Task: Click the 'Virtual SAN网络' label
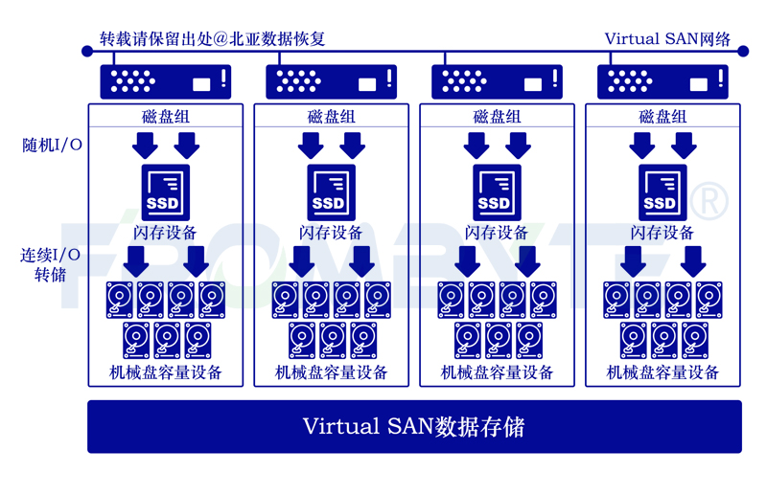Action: point(667,38)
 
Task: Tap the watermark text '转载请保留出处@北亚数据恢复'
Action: point(212,38)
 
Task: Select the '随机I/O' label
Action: point(52,146)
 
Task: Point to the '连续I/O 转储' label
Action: point(50,264)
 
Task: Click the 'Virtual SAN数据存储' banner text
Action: point(414,427)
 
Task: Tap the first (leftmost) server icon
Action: point(165,81)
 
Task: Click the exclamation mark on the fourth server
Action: point(721,79)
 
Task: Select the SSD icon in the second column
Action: point(331,192)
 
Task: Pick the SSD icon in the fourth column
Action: point(662,192)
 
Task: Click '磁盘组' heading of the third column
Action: point(497,117)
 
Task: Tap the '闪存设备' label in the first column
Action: point(165,233)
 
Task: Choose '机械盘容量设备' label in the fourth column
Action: point(662,372)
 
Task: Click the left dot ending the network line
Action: point(87,51)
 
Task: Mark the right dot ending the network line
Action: point(743,51)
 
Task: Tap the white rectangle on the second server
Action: point(367,84)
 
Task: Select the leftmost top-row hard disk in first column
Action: point(120,300)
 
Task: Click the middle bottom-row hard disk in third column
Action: point(499,341)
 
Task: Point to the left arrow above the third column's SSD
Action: point(476,146)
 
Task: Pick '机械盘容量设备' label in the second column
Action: point(331,372)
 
